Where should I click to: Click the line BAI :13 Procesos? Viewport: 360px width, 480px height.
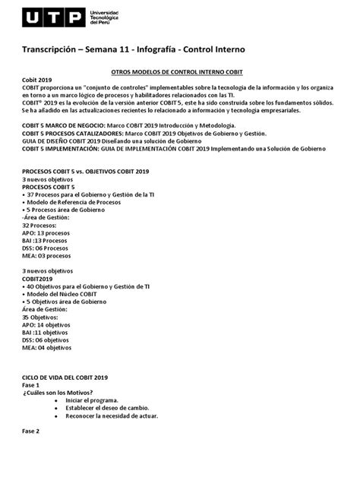tap(47, 242)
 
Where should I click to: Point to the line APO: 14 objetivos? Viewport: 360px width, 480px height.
tap(47, 327)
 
